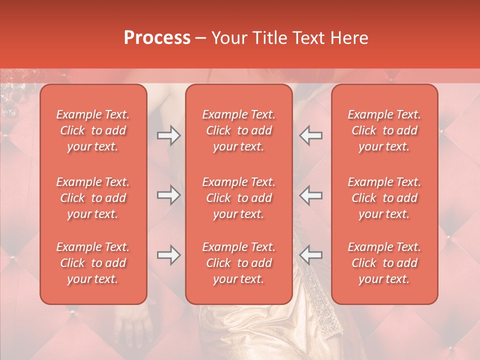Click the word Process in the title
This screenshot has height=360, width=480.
coord(157,38)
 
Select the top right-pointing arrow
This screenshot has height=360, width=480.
coord(169,135)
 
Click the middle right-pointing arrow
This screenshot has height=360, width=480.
coord(169,195)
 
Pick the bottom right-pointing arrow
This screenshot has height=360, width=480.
coord(169,255)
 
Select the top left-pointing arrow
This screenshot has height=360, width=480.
coord(310,135)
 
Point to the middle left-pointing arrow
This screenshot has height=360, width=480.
coord(310,195)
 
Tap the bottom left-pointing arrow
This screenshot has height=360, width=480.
coord(310,255)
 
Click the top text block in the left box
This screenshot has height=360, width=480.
coord(93,130)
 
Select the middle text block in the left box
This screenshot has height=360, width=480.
coord(93,198)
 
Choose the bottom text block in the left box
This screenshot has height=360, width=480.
coord(93,263)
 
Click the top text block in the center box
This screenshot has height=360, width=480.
coord(238,130)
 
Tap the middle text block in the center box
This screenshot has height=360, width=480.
coord(238,198)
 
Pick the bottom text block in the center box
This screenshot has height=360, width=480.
coord(238,263)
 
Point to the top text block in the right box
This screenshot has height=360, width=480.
coord(384,130)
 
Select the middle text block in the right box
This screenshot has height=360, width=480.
coord(384,198)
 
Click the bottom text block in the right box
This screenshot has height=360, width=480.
coord(384,263)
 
